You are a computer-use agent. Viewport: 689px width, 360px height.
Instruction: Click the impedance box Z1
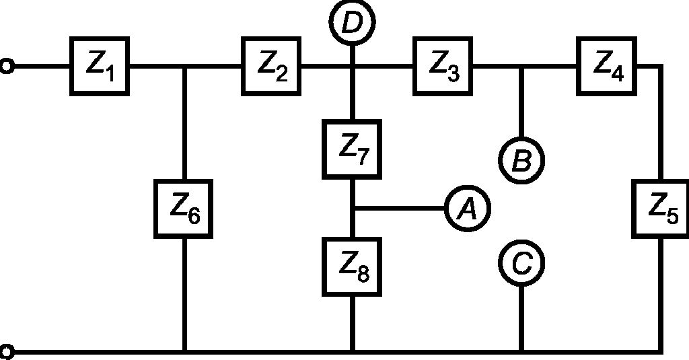click(x=100, y=67)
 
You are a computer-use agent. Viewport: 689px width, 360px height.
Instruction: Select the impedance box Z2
click(x=271, y=67)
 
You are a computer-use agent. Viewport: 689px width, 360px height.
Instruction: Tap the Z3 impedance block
click(x=443, y=67)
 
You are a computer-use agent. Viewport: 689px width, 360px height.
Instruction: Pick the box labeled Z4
click(x=606, y=67)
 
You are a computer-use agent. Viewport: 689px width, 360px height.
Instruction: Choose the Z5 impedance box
click(x=661, y=209)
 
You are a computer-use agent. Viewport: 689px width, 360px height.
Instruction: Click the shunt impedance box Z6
click(x=183, y=209)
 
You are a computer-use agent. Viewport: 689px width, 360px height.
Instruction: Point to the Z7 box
click(x=352, y=149)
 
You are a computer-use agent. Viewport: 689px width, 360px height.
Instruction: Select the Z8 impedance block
click(x=352, y=267)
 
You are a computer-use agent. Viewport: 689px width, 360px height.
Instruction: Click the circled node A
click(x=468, y=208)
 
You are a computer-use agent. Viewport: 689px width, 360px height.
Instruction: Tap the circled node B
click(x=521, y=160)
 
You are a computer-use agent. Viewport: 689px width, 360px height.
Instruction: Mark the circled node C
click(x=521, y=263)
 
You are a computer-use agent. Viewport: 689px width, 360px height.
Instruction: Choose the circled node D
click(x=352, y=22)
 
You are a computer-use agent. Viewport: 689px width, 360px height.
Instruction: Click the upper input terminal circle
click(x=6, y=67)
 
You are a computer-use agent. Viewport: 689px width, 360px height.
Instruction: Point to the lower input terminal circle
click(x=6, y=352)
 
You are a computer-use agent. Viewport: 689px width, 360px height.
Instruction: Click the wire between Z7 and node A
click(x=400, y=208)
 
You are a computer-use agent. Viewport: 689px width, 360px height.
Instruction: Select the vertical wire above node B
click(x=521, y=103)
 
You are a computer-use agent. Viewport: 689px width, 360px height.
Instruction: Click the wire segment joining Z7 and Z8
click(x=352, y=208)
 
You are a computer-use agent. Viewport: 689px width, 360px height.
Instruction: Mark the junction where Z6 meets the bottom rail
click(x=185, y=352)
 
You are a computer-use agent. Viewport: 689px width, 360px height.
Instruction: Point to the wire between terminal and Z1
click(x=42, y=67)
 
